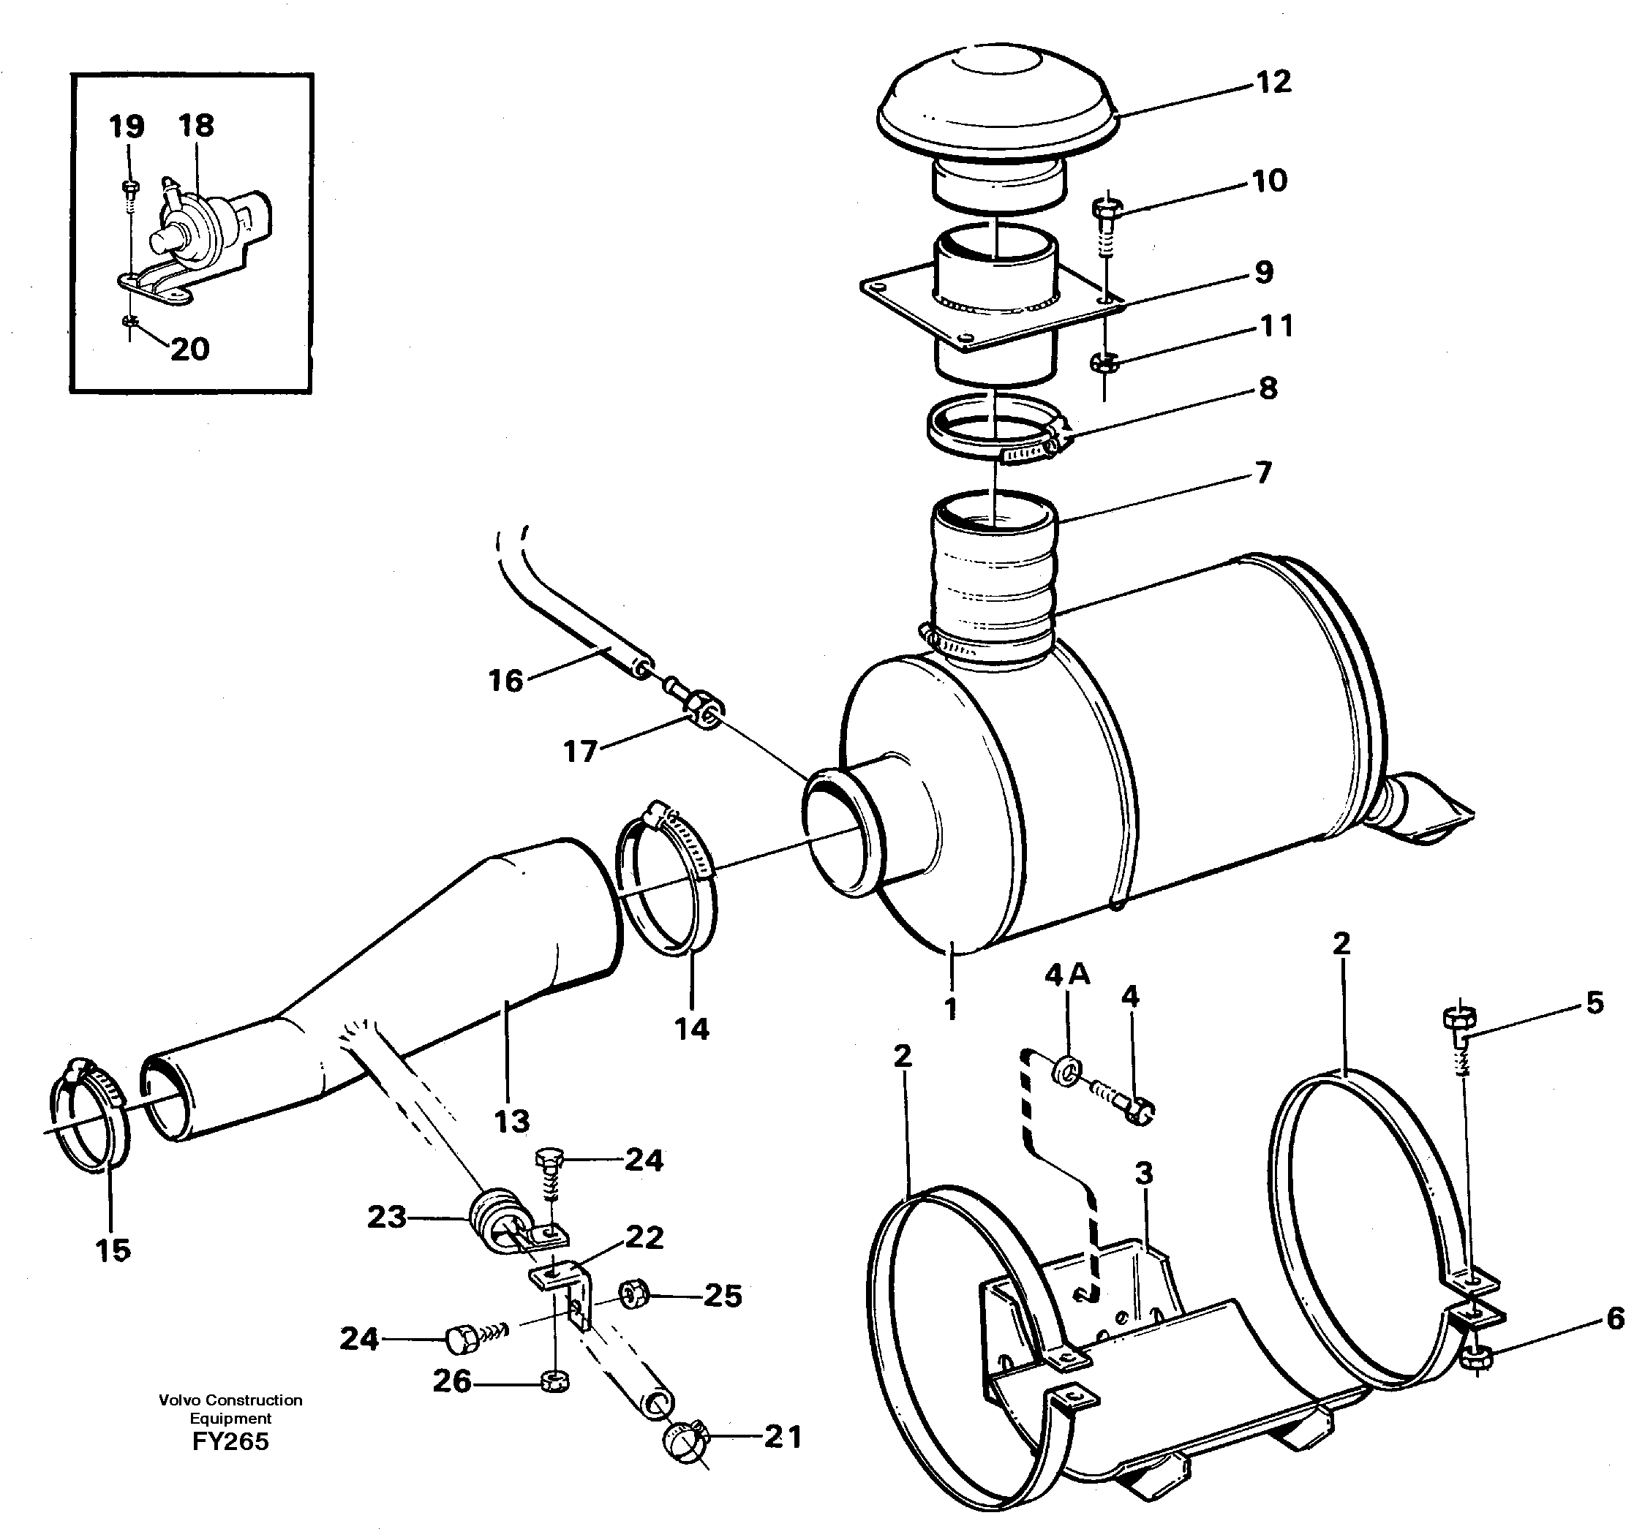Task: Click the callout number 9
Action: (1262, 272)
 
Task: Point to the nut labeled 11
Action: (1103, 361)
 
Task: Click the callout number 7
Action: (1262, 472)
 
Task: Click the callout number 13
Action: (511, 1121)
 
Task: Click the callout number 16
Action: (505, 681)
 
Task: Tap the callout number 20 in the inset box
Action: (189, 349)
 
